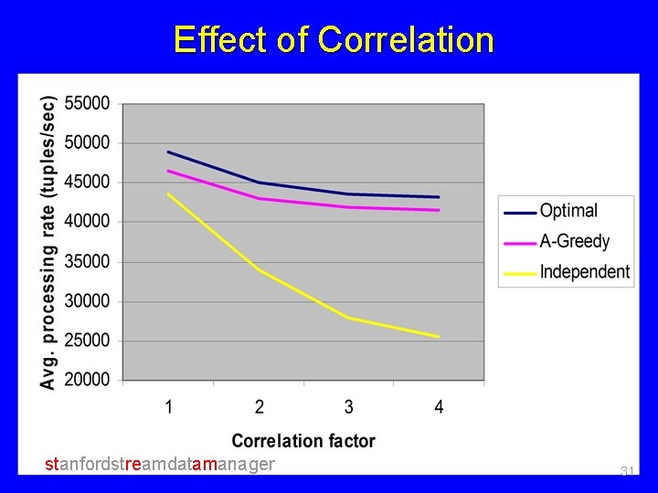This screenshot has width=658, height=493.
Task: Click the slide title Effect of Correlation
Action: pyautogui.click(x=334, y=40)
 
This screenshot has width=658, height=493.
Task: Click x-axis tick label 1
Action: pyautogui.click(x=169, y=407)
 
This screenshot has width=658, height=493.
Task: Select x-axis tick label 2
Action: pyautogui.click(x=260, y=407)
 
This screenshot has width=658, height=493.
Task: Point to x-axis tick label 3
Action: pyautogui.click(x=349, y=407)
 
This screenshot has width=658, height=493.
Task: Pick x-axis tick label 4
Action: pyautogui.click(x=440, y=407)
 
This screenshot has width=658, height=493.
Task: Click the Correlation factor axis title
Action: pyautogui.click(x=303, y=441)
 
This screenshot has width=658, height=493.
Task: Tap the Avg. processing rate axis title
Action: pyautogui.click(x=48, y=242)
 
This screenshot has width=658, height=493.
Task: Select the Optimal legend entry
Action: pyautogui.click(x=568, y=211)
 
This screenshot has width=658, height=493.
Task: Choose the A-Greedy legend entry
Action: pyautogui.click(x=574, y=242)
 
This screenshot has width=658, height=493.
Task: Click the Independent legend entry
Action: pyautogui.click(x=584, y=272)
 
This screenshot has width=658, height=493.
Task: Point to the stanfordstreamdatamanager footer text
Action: pyautogui.click(x=160, y=465)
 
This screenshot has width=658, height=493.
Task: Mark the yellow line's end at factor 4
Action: pyautogui.click(x=439, y=337)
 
